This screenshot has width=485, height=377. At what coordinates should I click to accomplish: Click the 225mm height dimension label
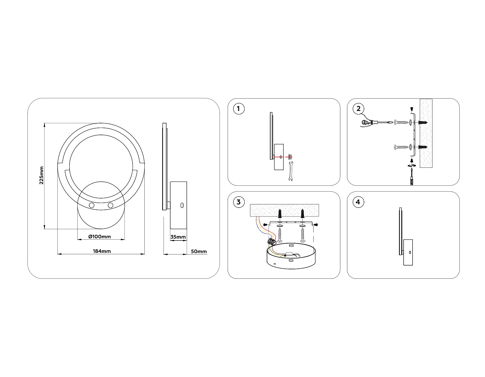41,175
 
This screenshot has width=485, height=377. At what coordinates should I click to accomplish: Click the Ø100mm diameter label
100,237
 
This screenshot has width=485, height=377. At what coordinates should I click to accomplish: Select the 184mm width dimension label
102,251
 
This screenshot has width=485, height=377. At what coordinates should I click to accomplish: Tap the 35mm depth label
178,237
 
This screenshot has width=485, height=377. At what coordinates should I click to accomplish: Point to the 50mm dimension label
199,252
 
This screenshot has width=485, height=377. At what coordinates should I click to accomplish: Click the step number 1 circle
238,109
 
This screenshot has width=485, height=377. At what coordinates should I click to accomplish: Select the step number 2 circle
358,109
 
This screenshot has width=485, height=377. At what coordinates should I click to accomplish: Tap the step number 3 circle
238,202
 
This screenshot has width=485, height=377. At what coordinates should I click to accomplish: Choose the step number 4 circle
358,202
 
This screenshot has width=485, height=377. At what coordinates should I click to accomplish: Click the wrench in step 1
290,171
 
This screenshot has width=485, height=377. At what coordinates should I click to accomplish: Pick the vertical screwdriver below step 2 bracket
411,177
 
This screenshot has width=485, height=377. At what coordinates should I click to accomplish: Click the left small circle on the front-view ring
92,206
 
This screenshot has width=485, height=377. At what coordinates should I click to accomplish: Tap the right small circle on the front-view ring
110,205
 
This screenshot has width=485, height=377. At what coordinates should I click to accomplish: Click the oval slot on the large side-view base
182,205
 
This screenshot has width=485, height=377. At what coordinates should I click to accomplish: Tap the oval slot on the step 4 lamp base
410,252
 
